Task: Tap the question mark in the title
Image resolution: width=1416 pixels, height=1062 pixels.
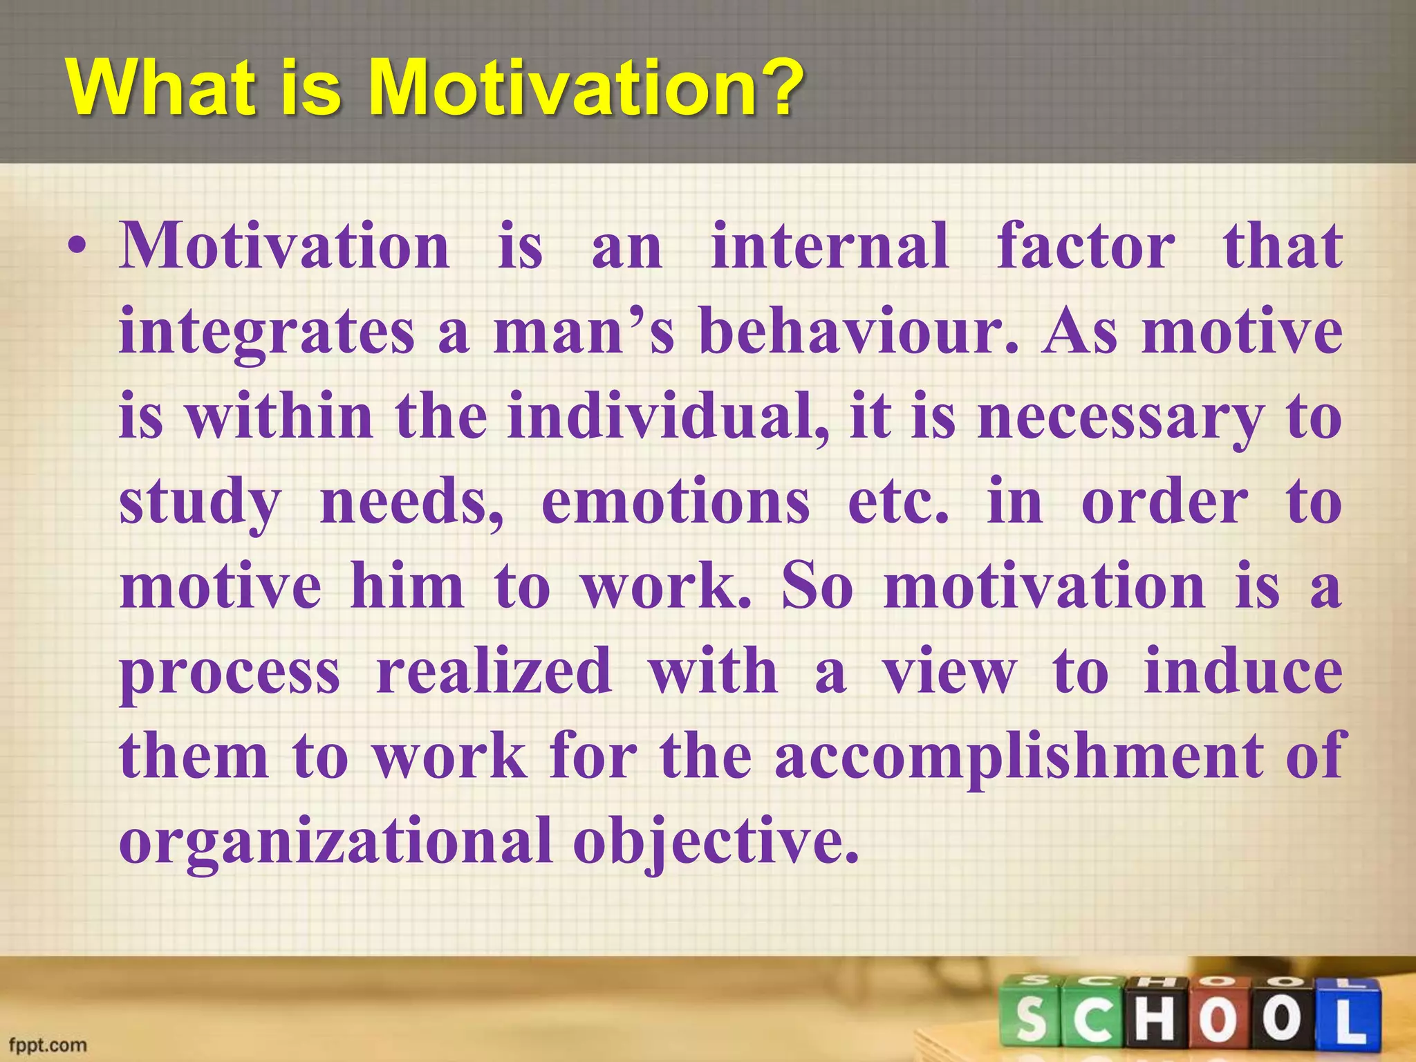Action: click(780, 88)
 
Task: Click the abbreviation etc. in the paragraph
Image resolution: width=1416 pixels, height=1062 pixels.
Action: click(899, 502)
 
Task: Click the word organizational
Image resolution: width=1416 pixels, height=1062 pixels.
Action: click(336, 842)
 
